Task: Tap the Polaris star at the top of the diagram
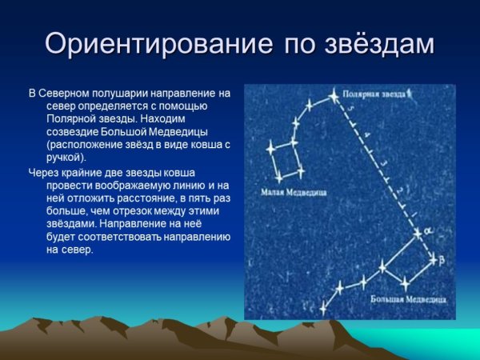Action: [x=334, y=97]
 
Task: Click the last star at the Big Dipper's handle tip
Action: [x=324, y=306]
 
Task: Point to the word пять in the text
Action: [x=187, y=198]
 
